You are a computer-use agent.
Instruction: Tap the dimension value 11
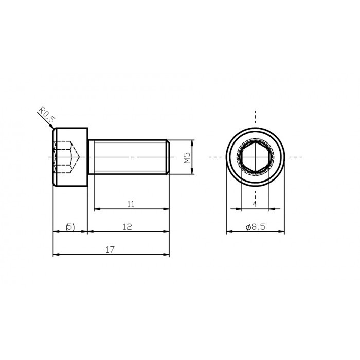(x=131, y=204)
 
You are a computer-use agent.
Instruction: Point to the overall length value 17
(x=110, y=249)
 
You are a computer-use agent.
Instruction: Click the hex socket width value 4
(x=255, y=204)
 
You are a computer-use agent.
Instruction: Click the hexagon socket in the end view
(x=255, y=157)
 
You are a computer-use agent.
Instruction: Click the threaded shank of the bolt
(x=129, y=157)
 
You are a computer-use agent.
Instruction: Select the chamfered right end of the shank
(x=168, y=157)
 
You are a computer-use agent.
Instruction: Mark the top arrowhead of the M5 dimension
(x=193, y=142)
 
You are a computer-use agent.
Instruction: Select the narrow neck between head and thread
(x=90, y=157)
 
